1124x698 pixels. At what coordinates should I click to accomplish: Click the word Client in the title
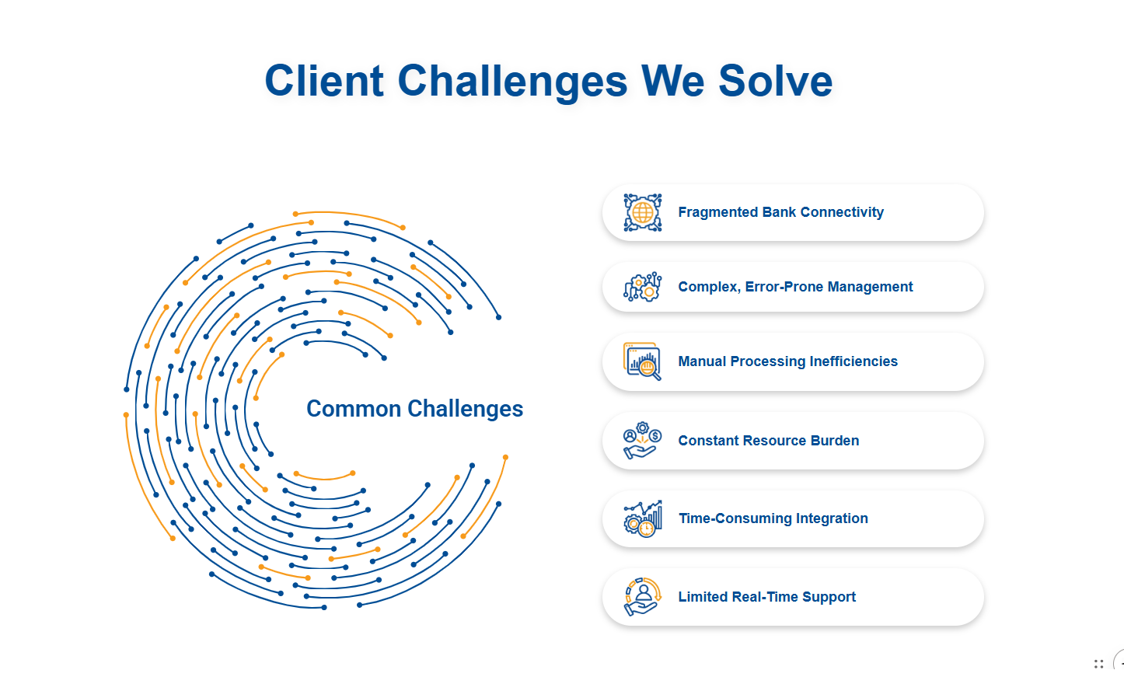tap(324, 81)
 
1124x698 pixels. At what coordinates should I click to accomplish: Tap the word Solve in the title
tap(775, 81)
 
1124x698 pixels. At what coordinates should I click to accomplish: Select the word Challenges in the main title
tap(512, 81)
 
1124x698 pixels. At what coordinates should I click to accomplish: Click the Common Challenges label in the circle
tap(414, 409)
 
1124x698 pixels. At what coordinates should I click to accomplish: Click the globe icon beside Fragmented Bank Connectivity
tap(642, 212)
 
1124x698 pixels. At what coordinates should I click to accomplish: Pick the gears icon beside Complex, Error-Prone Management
tap(642, 287)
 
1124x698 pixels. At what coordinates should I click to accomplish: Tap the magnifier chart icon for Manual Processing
tap(642, 361)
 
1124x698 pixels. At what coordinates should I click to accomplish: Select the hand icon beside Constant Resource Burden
tap(642, 441)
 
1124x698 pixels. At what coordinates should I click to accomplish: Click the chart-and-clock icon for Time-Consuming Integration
tap(642, 518)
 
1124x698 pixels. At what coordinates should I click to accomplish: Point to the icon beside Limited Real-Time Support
tap(642, 597)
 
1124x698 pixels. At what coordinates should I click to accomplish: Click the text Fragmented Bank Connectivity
tap(780, 212)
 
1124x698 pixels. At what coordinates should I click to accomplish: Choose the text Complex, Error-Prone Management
tap(795, 287)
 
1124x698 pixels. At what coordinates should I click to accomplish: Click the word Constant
tap(708, 441)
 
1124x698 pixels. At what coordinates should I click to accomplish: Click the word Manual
tap(702, 361)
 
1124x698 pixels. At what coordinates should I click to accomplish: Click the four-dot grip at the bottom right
tap(1098, 664)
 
